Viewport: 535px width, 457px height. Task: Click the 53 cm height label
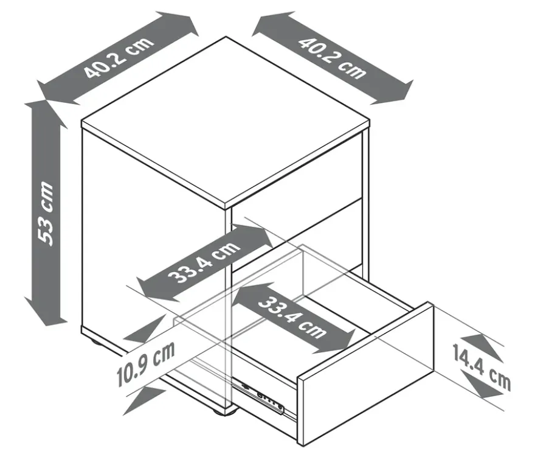pyautogui.click(x=46, y=214)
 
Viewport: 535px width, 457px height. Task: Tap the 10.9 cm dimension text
pyautogui.click(x=146, y=363)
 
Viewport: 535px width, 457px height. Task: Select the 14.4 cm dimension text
pyautogui.click(x=481, y=367)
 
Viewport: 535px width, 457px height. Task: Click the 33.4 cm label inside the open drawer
pyautogui.click(x=292, y=318)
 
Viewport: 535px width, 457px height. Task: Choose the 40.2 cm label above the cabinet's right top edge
pyautogui.click(x=332, y=58)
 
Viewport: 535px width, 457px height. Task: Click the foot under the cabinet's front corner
pyautogui.click(x=222, y=411)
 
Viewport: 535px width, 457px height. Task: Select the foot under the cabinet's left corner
pyautogui.click(x=97, y=343)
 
